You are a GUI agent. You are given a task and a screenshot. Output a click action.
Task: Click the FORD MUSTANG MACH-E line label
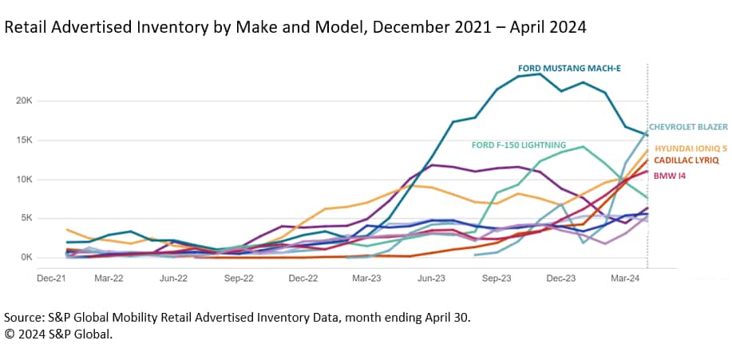(x=569, y=69)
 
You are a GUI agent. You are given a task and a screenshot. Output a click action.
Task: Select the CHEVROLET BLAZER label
(x=688, y=127)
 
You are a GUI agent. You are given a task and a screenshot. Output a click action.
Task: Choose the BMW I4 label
(x=669, y=174)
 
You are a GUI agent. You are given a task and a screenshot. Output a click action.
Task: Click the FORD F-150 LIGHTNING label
(x=519, y=145)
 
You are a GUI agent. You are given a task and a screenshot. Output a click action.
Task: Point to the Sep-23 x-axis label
(x=497, y=279)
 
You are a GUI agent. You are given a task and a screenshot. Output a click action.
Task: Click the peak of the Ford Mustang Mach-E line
(x=542, y=73)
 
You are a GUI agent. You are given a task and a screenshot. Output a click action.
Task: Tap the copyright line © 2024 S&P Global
(x=58, y=334)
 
